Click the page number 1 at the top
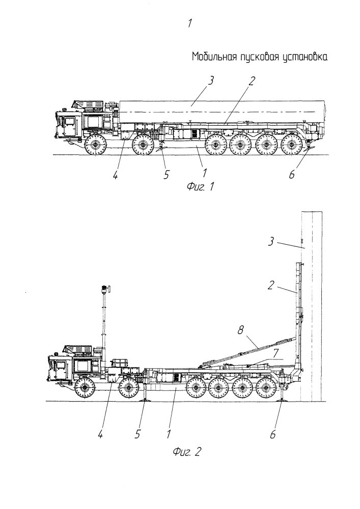189,23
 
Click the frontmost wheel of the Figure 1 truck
95,145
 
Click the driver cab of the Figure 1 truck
68,124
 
